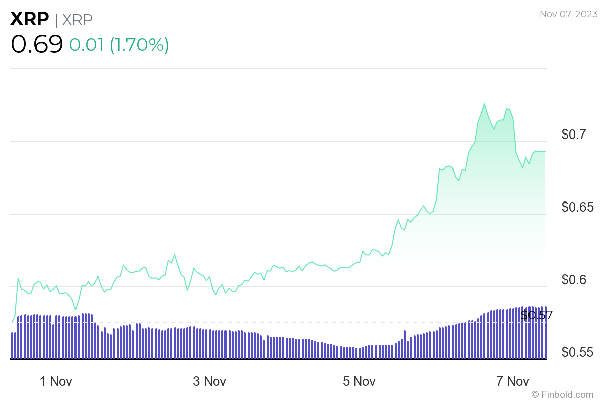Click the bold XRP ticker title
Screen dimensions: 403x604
tap(30, 19)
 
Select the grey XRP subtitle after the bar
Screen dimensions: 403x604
tap(78, 19)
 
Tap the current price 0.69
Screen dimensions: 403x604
tap(37, 44)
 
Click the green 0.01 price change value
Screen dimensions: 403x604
tap(86, 45)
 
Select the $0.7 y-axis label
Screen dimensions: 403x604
tap(574, 135)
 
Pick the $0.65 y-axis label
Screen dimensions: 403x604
tap(578, 207)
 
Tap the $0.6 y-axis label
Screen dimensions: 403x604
tap(574, 280)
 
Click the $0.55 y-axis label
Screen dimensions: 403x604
tap(578, 352)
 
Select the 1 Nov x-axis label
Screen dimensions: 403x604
tap(56, 381)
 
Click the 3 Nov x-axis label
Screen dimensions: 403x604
tap(209, 381)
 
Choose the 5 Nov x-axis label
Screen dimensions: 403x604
tap(359, 381)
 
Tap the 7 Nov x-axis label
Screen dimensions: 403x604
tap(513, 381)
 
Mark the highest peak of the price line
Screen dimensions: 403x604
tap(484, 103)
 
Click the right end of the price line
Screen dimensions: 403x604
tap(546, 151)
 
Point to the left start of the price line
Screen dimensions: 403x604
tap(12, 322)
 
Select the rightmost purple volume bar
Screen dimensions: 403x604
tap(545, 332)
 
